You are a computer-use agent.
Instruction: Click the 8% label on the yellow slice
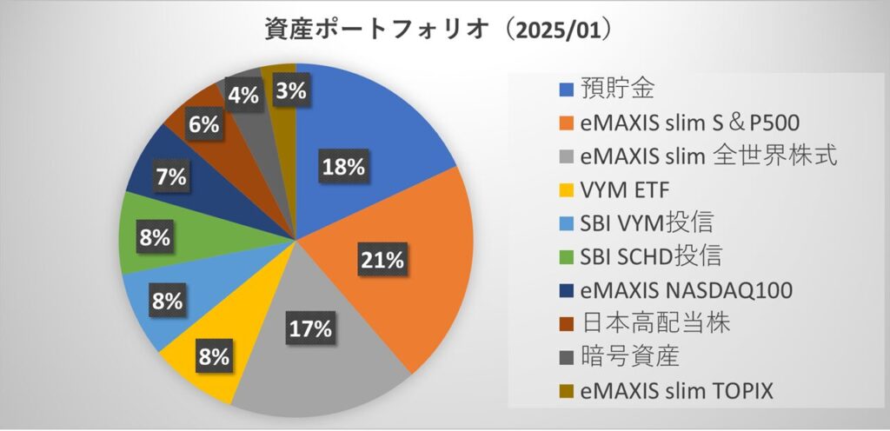point(212,356)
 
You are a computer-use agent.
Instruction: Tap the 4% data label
point(242,96)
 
